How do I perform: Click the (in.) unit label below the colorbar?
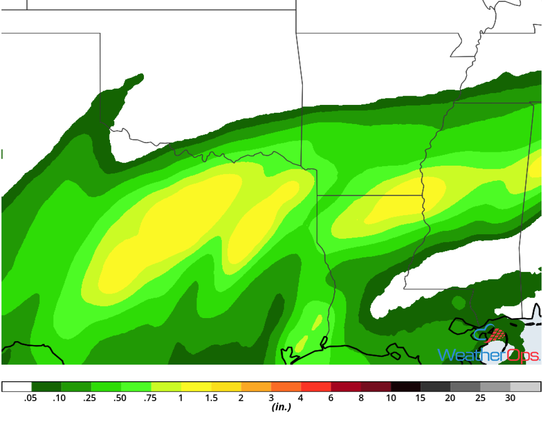click(281, 407)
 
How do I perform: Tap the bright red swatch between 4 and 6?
click(316, 387)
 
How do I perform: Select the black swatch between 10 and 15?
click(406, 387)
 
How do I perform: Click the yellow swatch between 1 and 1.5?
click(196, 387)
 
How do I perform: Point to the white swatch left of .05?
click(17, 387)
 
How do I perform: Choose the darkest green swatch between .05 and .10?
click(46, 387)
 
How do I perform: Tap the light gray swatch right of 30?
click(525, 387)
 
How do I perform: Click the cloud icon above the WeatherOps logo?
click(486, 333)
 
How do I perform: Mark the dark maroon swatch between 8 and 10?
click(376, 387)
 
